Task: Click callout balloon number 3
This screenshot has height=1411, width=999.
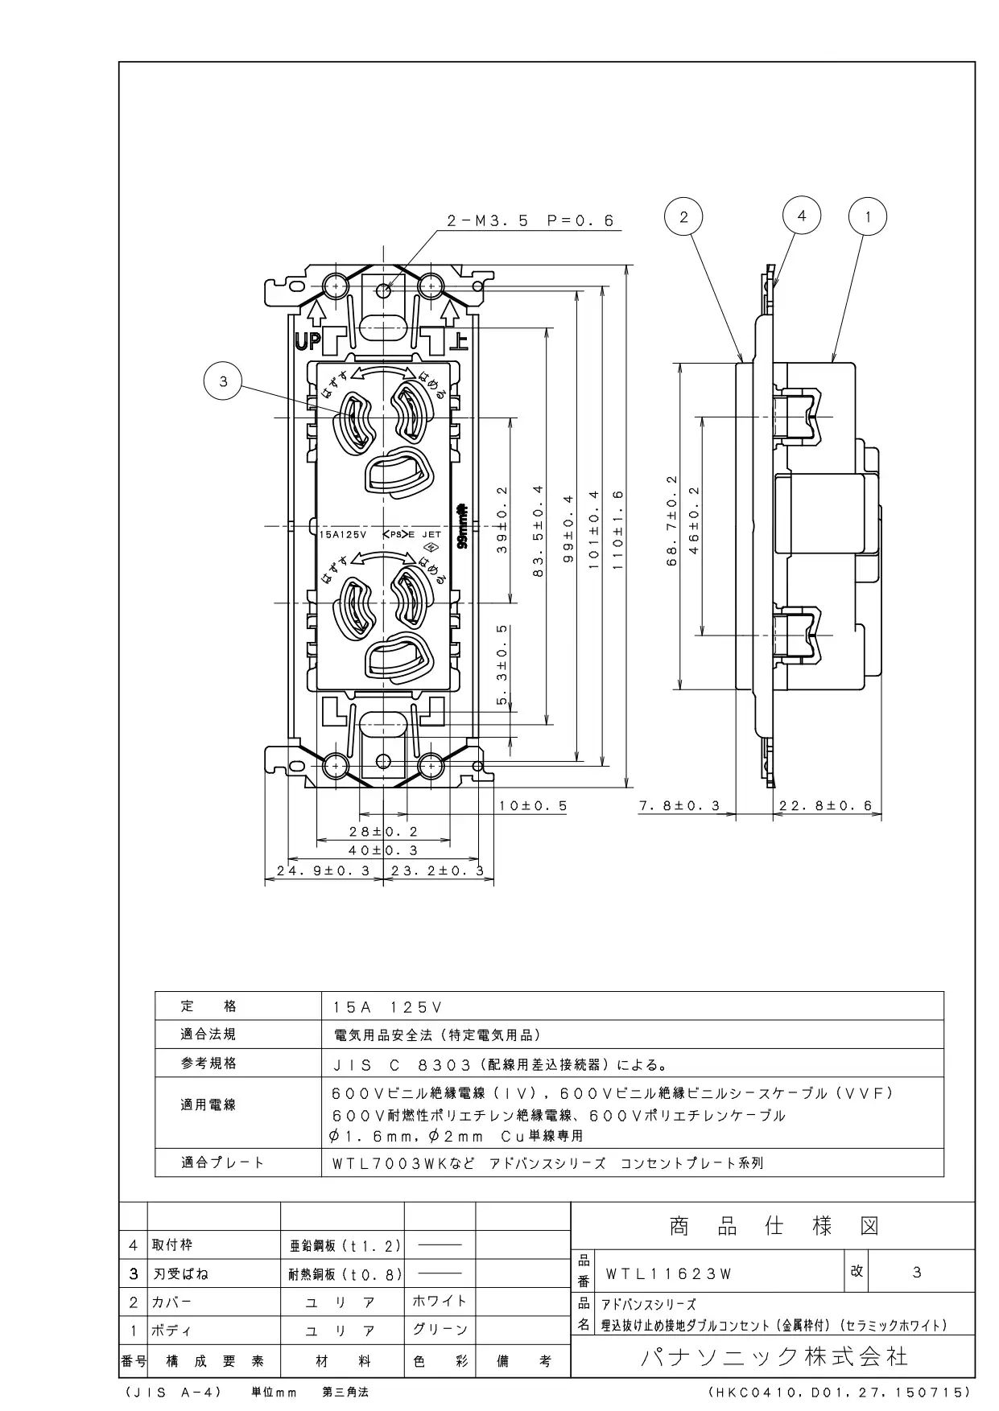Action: point(223,383)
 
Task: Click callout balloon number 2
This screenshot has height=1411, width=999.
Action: point(683,216)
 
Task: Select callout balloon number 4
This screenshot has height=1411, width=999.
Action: point(801,215)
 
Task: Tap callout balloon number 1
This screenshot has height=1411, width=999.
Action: point(868,216)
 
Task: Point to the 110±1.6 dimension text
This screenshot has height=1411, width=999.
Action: point(618,530)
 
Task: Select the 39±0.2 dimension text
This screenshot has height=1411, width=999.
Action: point(502,519)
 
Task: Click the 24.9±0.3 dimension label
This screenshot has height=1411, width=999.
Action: point(324,870)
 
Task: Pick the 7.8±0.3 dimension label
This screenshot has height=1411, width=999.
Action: point(679,805)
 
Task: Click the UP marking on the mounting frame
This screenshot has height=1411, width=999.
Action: point(307,342)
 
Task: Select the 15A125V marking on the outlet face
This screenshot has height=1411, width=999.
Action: point(343,534)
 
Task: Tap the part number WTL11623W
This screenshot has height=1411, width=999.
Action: point(668,1273)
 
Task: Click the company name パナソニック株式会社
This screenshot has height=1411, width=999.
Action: point(774,1357)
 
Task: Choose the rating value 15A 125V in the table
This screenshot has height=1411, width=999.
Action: point(388,1006)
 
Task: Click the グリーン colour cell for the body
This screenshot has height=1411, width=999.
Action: point(440,1330)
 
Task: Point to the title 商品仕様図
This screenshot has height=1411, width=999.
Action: point(774,1226)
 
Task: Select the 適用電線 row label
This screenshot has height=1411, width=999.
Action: point(208,1105)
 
